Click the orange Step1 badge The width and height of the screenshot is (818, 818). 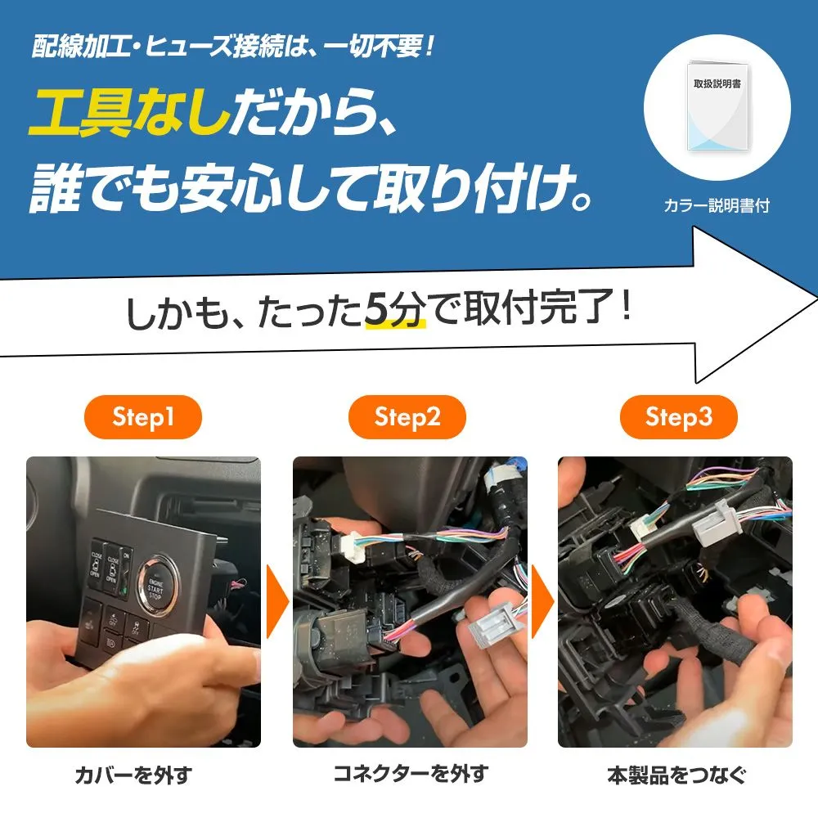pyautogui.click(x=142, y=417)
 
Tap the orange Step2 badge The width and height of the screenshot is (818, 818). pyautogui.click(x=407, y=417)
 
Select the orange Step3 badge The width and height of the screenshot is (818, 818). pyautogui.click(x=678, y=417)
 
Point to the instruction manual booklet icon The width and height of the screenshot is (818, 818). pyautogui.click(x=717, y=107)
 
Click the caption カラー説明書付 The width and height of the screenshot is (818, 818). pyautogui.click(x=717, y=205)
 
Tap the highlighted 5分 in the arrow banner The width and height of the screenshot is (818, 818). pyautogui.click(x=395, y=309)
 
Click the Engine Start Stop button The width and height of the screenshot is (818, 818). pyautogui.click(x=156, y=587)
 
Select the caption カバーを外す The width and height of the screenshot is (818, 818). pyautogui.click(x=133, y=775)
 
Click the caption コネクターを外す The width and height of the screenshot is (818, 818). pyautogui.click(x=411, y=773)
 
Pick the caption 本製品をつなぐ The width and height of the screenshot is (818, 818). pyautogui.click(x=676, y=775)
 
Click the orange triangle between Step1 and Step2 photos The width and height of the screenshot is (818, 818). pyautogui.click(x=277, y=601)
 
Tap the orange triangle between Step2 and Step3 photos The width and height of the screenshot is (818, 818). pyautogui.click(x=542, y=601)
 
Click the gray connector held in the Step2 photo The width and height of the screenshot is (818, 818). pyautogui.click(x=492, y=623)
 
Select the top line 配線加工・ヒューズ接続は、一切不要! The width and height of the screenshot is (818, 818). pyautogui.click(x=233, y=46)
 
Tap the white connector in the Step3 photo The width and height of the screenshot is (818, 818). pyautogui.click(x=645, y=528)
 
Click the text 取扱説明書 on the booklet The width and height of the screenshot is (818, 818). pyautogui.click(x=717, y=83)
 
